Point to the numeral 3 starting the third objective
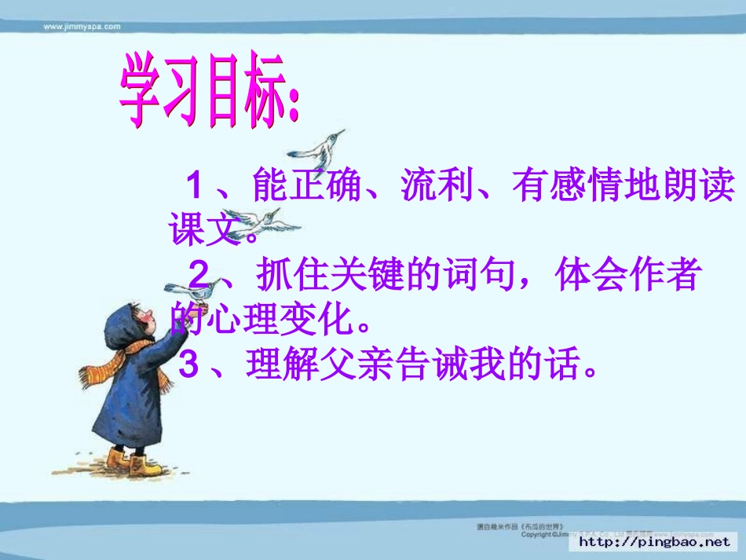tap(188, 364)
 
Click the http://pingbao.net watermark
tap(654, 541)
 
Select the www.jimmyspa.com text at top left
tap(82, 26)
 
